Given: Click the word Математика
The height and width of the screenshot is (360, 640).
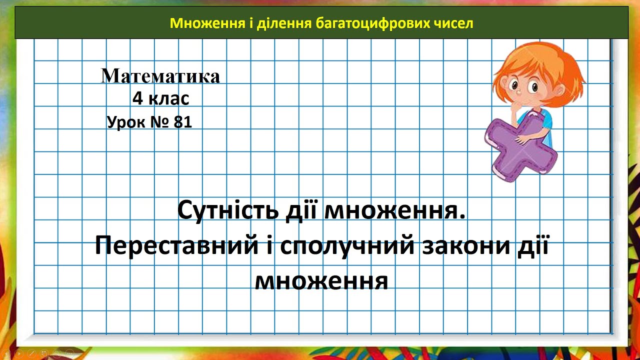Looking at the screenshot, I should [160, 76].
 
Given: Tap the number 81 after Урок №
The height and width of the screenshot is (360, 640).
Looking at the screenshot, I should [183, 122].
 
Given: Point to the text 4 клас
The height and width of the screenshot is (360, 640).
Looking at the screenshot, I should [160, 98].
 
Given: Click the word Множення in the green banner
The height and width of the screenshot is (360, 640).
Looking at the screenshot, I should [192, 23].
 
